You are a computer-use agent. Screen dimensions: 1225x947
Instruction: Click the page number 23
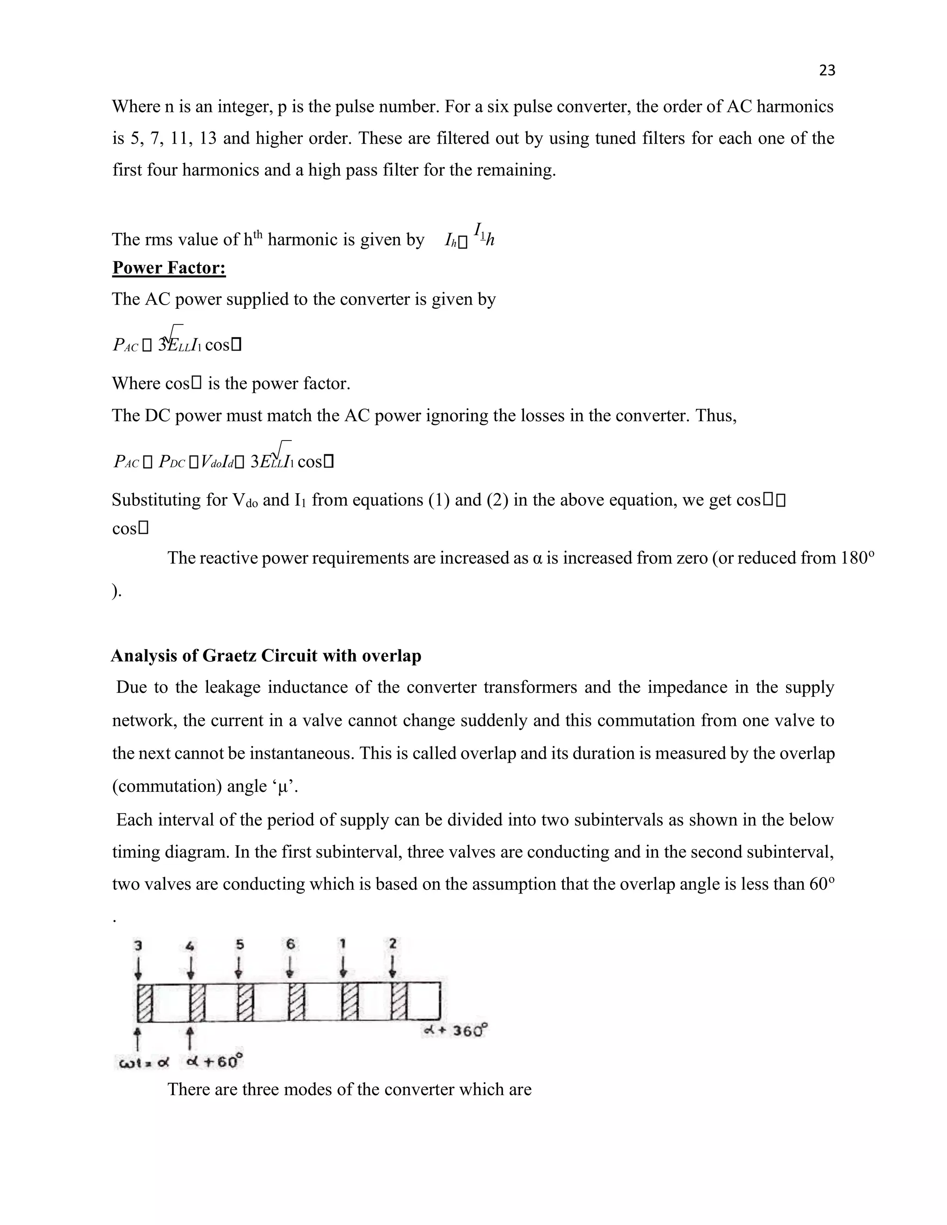click(x=827, y=70)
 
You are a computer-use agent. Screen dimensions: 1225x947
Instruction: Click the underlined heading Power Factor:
click(x=169, y=268)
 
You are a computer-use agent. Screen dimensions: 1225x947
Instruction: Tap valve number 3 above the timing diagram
click(x=138, y=945)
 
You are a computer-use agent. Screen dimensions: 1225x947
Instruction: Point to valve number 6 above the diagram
click(x=290, y=944)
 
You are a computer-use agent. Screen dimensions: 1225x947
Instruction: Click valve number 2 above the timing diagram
click(x=393, y=943)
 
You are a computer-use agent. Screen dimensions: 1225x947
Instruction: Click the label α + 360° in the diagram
click(x=455, y=1031)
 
